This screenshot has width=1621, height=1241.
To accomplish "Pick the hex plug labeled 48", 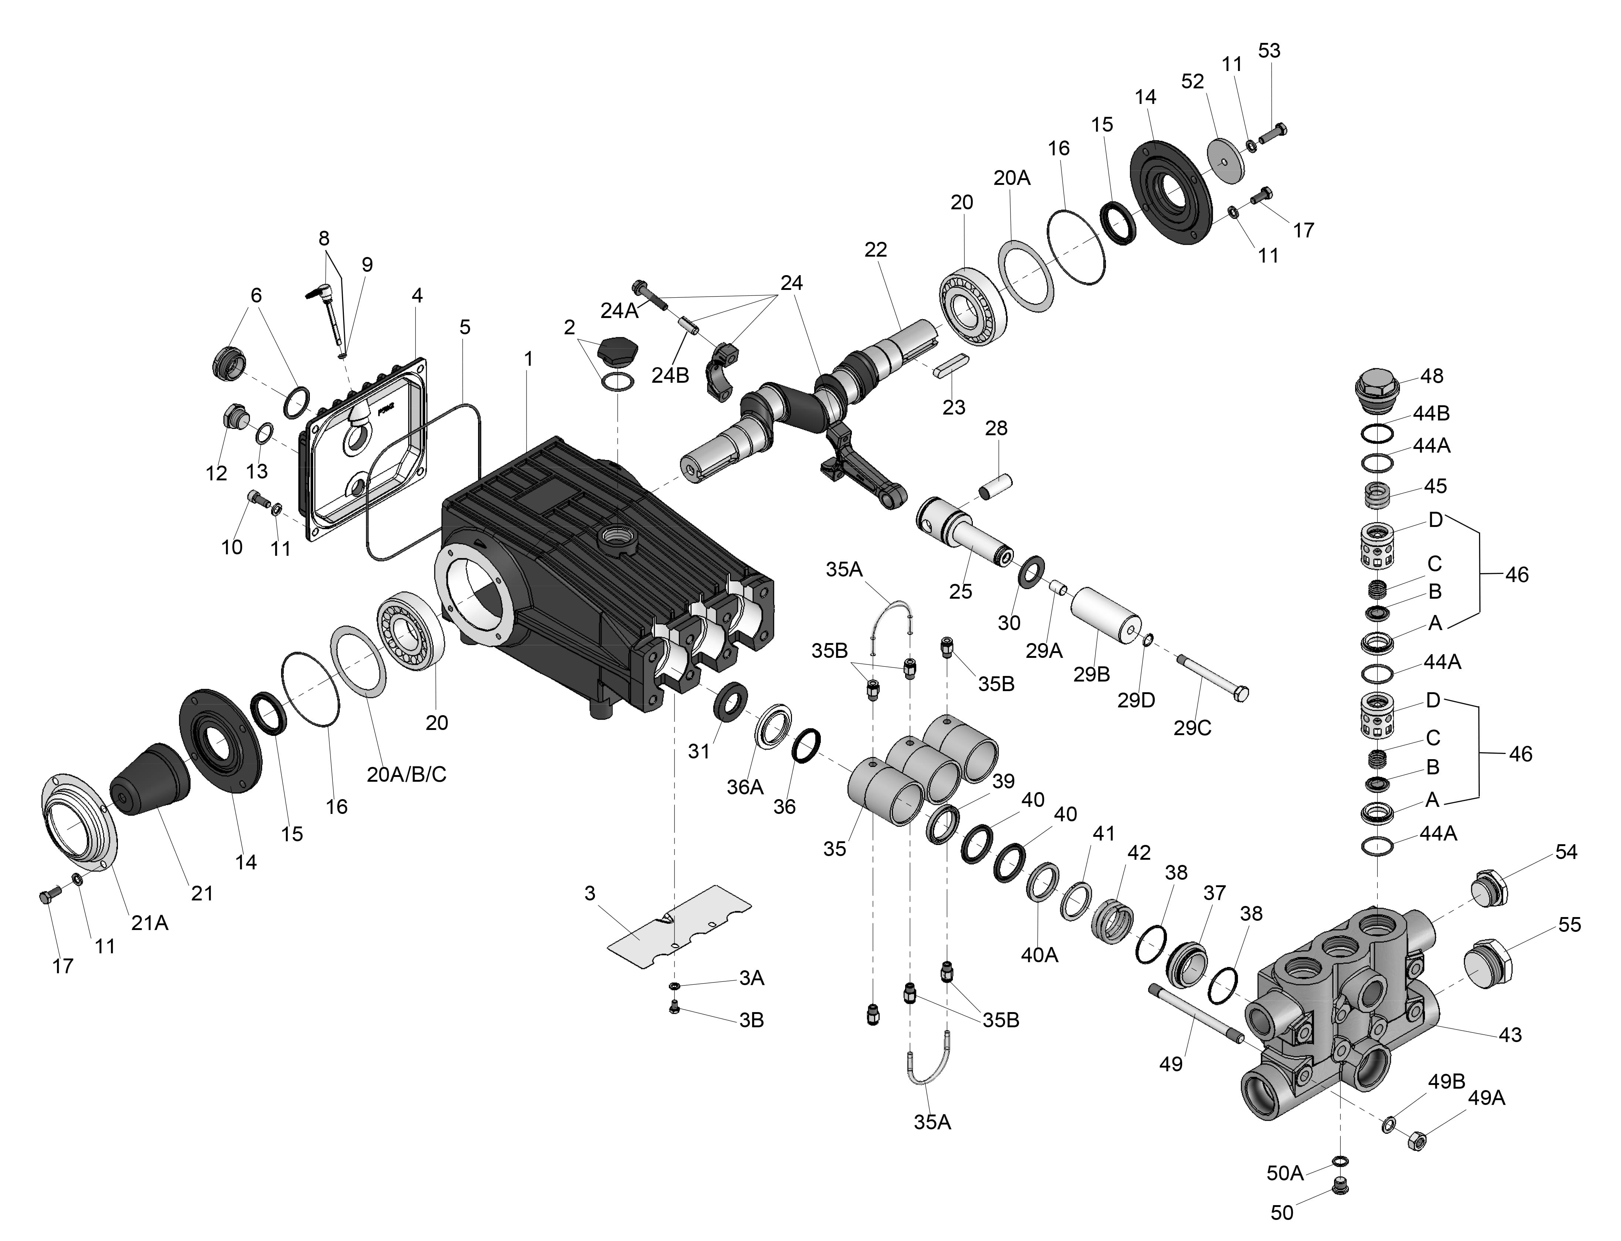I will point(1378,384).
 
